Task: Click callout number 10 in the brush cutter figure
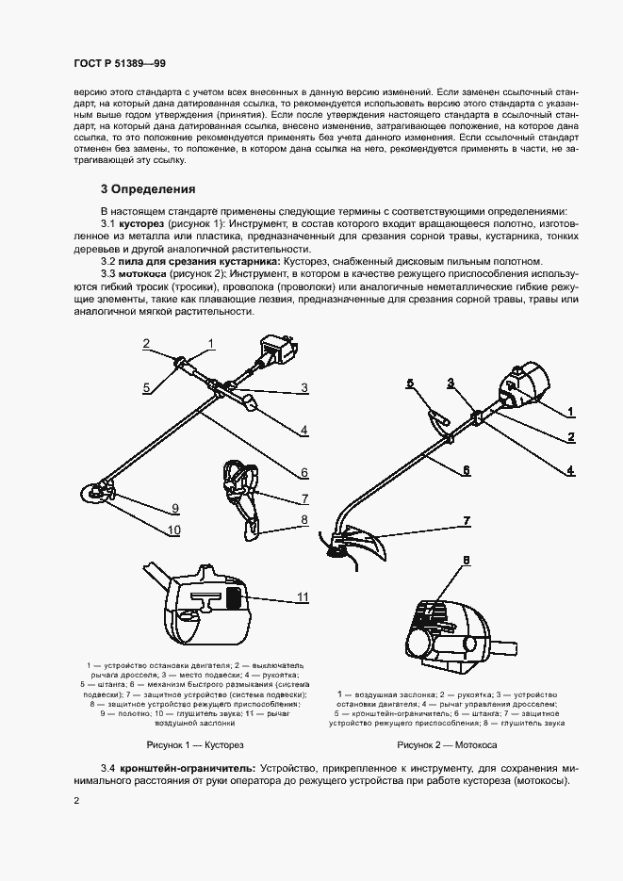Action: [173, 530]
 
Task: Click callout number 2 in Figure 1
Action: [146, 343]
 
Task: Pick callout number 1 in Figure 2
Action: [570, 412]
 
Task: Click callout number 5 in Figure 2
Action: [410, 383]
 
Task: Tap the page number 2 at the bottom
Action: [77, 801]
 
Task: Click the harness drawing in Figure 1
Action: [241, 499]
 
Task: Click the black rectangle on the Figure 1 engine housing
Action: [232, 596]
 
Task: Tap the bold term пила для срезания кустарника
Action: [195, 261]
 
